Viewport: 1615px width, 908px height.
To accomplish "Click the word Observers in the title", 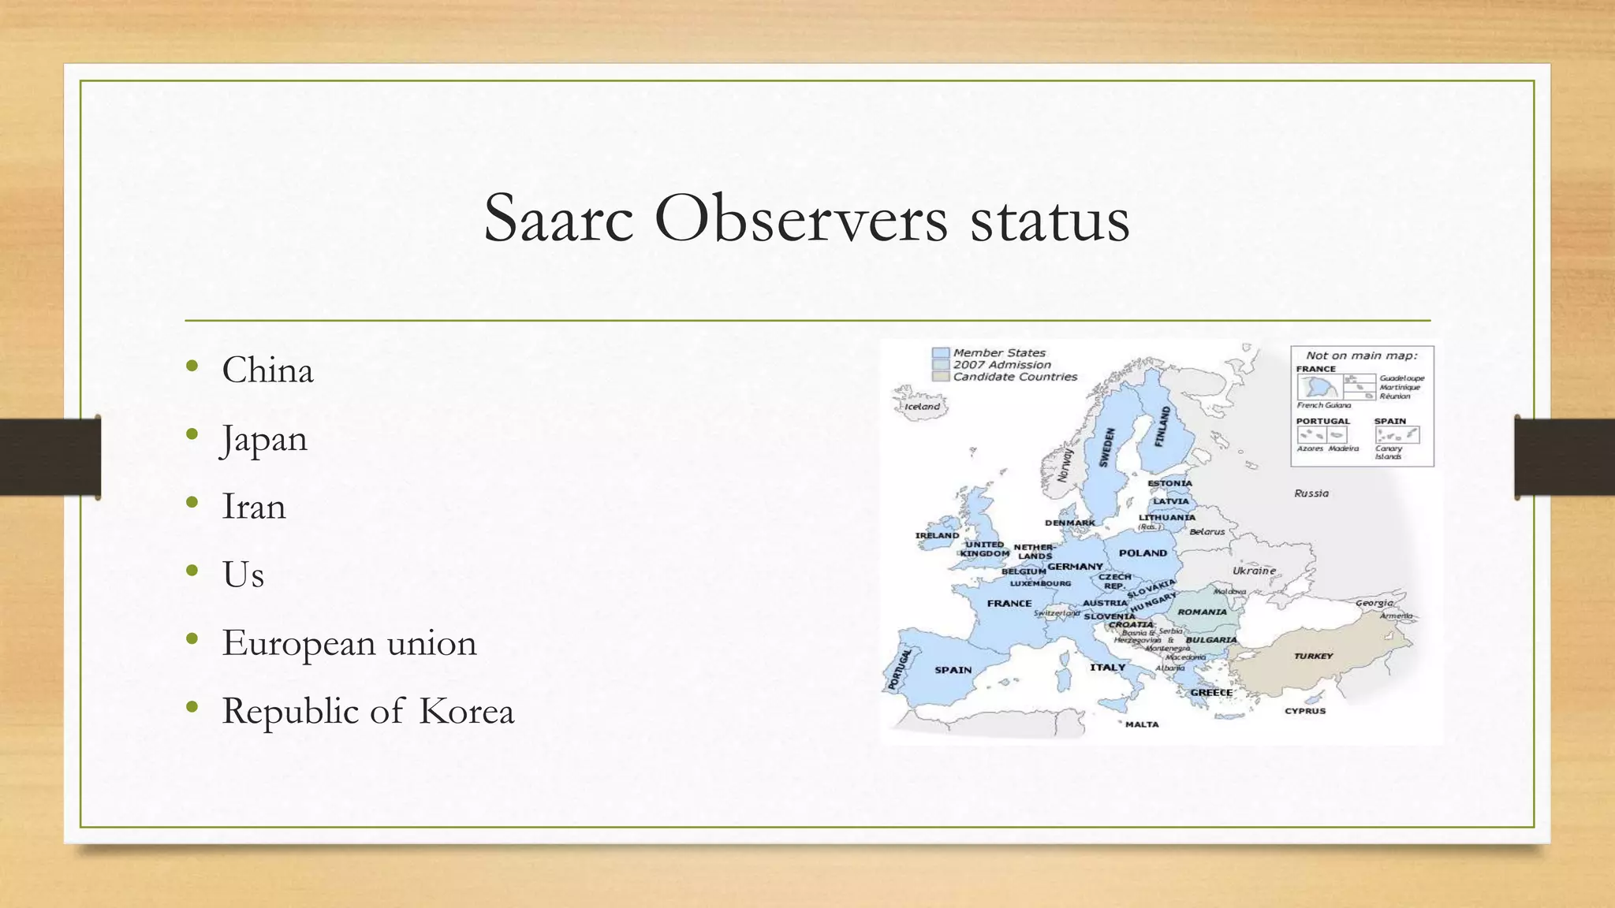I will coord(800,218).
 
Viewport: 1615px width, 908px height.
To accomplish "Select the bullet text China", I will coord(267,370).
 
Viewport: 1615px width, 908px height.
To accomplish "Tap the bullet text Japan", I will coord(264,439).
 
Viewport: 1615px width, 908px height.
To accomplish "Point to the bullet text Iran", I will coord(253,507).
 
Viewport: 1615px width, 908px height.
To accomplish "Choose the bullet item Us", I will coord(243,575).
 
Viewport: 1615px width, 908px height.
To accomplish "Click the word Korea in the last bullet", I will coord(466,711).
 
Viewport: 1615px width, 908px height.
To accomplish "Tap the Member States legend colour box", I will coord(940,353).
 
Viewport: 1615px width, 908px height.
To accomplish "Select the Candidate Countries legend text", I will coord(1015,377).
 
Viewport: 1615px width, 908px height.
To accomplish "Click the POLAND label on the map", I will coord(1143,553).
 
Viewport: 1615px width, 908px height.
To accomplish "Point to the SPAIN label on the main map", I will coord(953,670).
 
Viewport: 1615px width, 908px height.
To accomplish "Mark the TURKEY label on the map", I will coord(1313,656).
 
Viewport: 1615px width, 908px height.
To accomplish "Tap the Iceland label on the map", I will coord(922,407).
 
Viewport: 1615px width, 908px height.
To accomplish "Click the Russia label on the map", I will coord(1311,493).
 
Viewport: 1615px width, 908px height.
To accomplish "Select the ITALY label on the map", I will coord(1107,668).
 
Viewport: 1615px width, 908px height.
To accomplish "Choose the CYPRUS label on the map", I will coord(1305,711).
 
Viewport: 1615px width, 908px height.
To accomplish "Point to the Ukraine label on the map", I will coord(1254,571).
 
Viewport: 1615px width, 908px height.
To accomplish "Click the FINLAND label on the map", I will coord(1164,426).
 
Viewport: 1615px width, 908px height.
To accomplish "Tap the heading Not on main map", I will coord(1361,355).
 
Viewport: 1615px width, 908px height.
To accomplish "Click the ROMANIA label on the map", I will coord(1202,612).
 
